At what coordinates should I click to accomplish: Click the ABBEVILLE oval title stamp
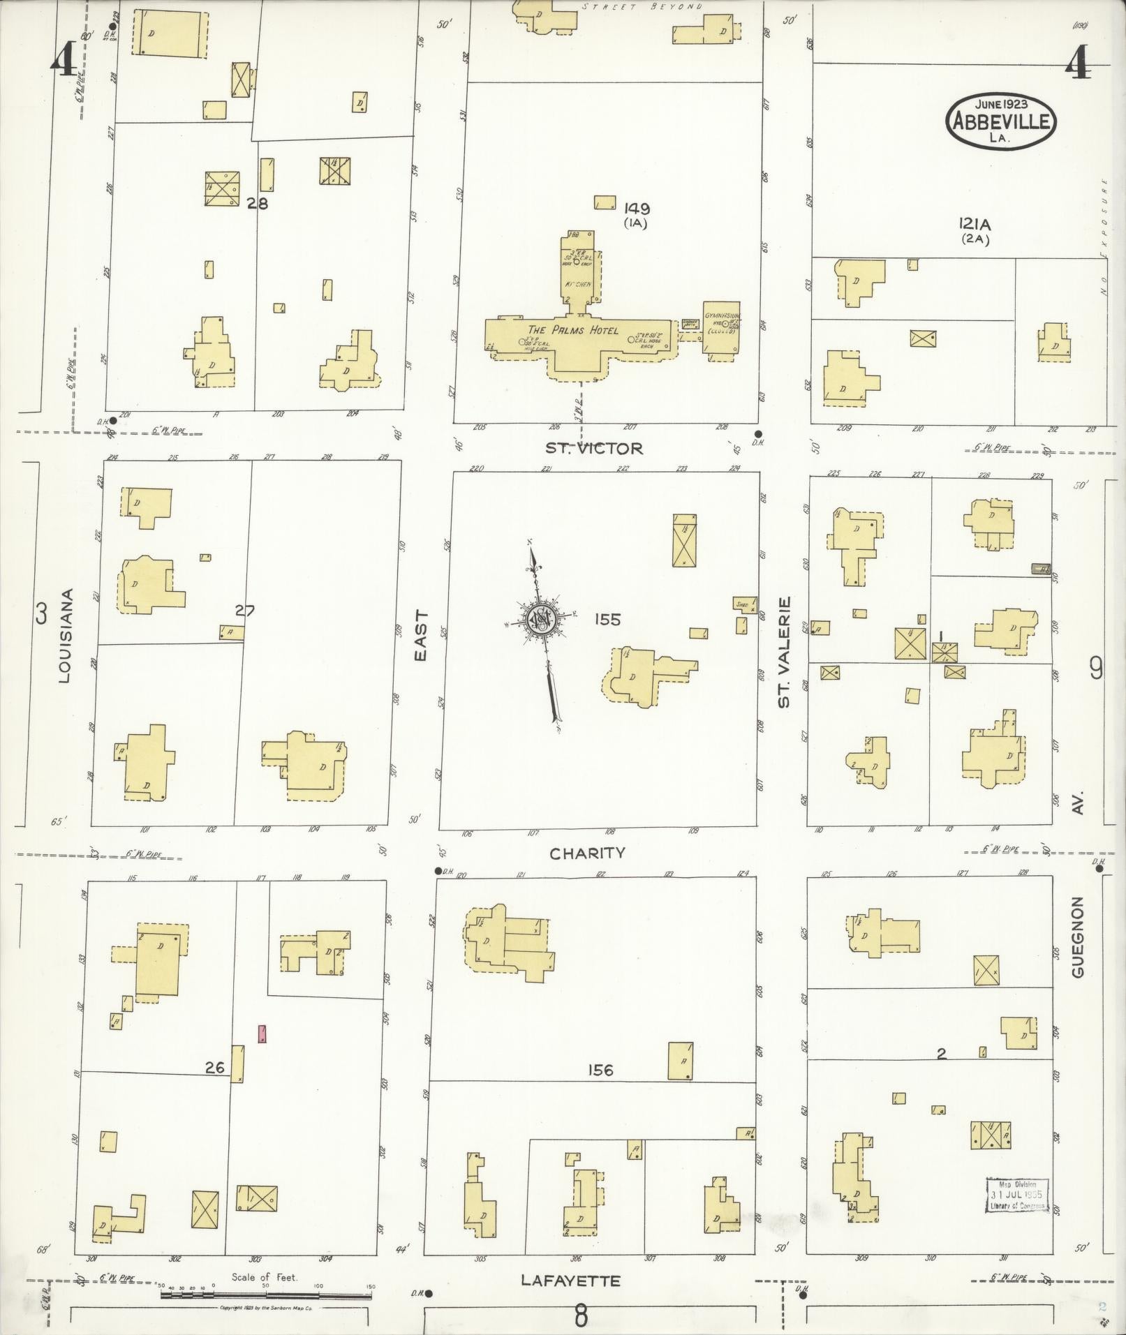pyautogui.click(x=1000, y=120)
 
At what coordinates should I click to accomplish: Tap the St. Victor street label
pyautogui.click(x=593, y=448)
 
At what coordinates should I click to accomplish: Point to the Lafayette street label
pyautogui.click(x=570, y=1281)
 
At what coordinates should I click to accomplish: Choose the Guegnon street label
pyautogui.click(x=1078, y=937)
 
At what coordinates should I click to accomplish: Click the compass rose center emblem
pyautogui.click(x=540, y=618)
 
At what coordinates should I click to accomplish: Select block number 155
pyautogui.click(x=607, y=619)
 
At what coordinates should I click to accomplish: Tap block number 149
pyautogui.click(x=637, y=207)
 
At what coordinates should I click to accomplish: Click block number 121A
pyautogui.click(x=975, y=224)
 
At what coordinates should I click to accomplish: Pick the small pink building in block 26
pyautogui.click(x=262, y=1033)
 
